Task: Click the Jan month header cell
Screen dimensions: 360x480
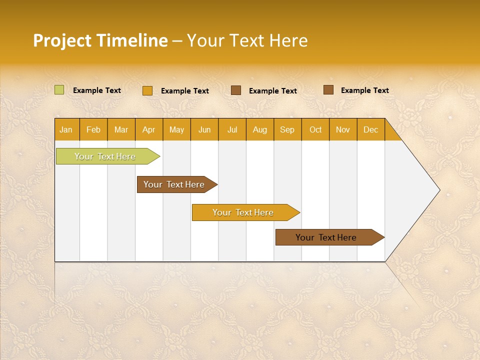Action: pos(66,129)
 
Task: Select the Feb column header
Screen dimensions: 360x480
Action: pos(93,129)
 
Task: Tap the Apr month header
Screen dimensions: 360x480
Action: pos(149,129)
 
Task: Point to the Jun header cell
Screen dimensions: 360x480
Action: pos(204,129)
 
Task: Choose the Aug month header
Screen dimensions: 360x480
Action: pos(260,129)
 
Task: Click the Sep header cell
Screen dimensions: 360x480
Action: pos(287,129)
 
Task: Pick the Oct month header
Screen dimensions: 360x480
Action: pos(315,129)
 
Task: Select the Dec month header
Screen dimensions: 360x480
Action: pos(371,129)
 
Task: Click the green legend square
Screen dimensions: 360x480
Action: pos(59,90)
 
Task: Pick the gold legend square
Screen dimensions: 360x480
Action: pos(147,90)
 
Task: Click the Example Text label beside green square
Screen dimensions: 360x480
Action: pos(97,90)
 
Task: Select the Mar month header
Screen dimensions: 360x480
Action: pos(121,129)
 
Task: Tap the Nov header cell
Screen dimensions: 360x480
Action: pos(343,129)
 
